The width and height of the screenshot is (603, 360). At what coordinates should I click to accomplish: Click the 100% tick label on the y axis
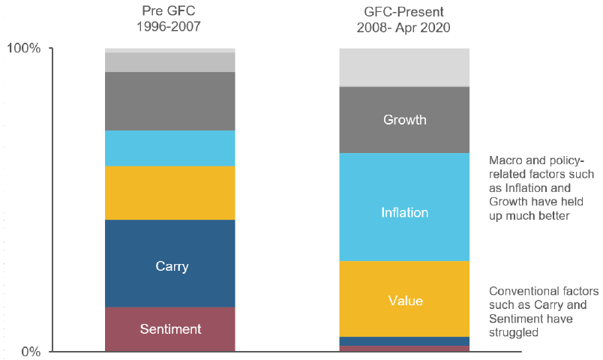tap(24, 49)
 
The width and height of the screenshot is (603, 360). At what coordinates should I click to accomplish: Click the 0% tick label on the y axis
tap(31, 352)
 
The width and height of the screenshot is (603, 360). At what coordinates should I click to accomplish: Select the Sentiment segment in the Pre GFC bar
tap(170, 329)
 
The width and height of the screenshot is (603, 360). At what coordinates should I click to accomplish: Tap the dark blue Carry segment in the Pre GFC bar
tap(170, 263)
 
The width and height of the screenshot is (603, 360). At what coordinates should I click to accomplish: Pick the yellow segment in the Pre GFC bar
tap(170, 193)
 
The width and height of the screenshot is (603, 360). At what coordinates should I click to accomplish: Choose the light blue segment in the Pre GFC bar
tap(170, 148)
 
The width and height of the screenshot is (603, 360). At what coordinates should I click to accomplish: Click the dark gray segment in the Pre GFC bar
tap(170, 101)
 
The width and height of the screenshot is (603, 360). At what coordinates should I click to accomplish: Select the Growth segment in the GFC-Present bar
tap(404, 120)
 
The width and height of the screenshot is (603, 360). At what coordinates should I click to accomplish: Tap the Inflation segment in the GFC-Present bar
tap(404, 207)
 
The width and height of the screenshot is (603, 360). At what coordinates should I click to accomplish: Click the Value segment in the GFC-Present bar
tap(404, 299)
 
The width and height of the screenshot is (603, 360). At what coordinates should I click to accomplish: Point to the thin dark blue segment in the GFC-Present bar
tap(404, 341)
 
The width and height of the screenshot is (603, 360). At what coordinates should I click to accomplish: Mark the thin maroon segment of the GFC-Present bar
tap(404, 349)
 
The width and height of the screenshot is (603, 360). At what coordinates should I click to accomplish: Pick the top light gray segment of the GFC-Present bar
tap(404, 67)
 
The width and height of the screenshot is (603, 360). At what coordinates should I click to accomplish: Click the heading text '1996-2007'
tap(169, 26)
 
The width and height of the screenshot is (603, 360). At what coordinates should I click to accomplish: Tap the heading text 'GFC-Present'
tap(403, 12)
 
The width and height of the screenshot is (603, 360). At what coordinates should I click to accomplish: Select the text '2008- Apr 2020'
tap(403, 28)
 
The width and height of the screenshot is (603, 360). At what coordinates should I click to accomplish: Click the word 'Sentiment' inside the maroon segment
tap(170, 329)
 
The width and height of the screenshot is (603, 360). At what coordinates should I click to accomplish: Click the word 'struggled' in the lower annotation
tap(514, 333)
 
